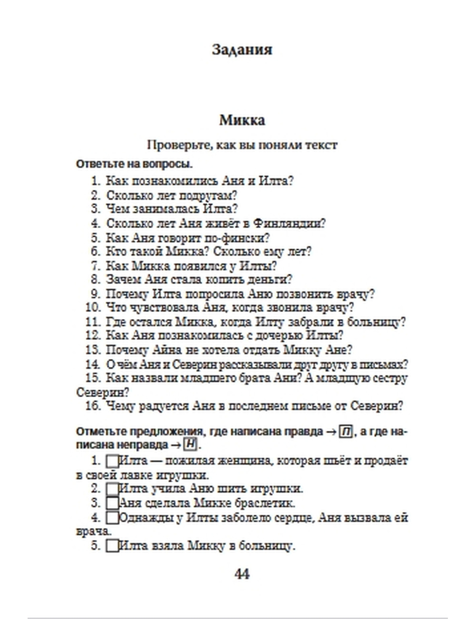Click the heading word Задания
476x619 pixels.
242,50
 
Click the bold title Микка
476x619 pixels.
242,120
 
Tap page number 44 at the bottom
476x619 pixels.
242,574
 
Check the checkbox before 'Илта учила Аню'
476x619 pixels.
112,489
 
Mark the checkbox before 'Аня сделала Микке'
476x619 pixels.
112,503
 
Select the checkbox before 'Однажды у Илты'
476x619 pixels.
112,518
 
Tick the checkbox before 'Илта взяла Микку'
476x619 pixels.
112,546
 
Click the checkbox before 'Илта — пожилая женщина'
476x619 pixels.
112,461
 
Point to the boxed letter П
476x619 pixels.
346,432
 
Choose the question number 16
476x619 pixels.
93,406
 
